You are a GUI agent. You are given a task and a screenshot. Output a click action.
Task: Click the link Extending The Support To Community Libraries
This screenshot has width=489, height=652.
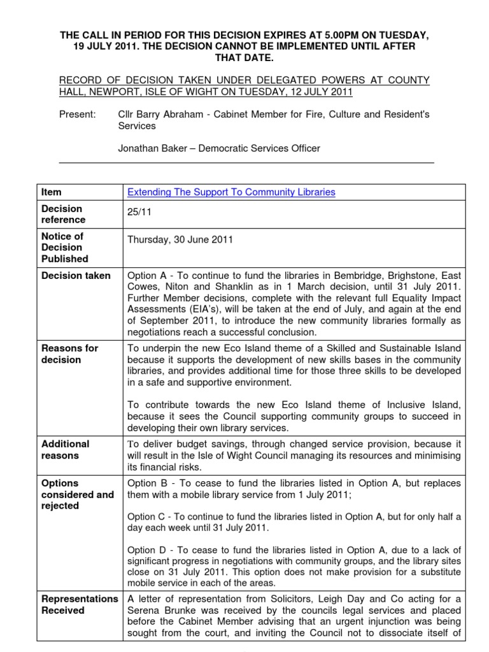231,192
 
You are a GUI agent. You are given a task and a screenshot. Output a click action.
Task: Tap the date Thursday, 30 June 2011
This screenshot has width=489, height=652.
180,240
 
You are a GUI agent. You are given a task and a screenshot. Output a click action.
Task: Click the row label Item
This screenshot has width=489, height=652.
51,192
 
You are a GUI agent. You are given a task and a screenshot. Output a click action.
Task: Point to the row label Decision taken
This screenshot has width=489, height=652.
76,276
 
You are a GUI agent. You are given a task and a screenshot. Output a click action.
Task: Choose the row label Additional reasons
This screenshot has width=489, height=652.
65,450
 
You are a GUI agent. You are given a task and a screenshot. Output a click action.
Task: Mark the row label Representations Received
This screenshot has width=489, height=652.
79,604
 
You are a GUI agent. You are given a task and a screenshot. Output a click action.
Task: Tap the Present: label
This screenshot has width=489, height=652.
77,114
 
